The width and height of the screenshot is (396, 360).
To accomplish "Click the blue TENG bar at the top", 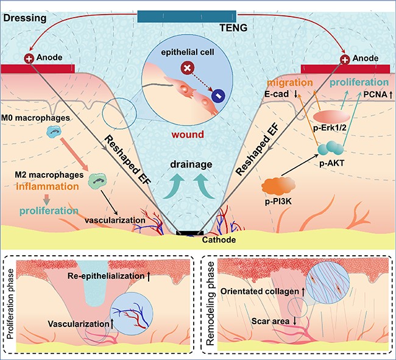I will [x=198, y=16].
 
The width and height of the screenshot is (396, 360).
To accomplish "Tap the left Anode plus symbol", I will [x=28, y=59].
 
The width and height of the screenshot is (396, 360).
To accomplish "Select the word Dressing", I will [x=21, y=19].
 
